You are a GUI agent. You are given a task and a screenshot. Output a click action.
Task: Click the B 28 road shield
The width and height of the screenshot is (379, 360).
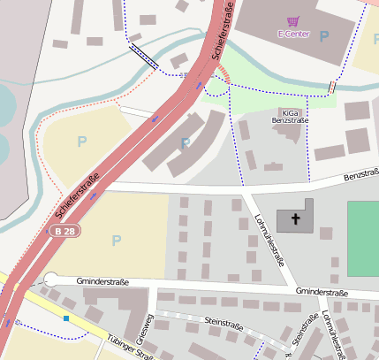[x=61, y=231]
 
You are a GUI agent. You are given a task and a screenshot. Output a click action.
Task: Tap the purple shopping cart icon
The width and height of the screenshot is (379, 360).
[x=293, y=20]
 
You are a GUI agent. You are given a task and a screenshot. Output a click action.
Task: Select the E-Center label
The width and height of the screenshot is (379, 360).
[x=292, y=34]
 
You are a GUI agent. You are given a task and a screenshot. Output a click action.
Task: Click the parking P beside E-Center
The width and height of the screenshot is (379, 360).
[x=323, y=36]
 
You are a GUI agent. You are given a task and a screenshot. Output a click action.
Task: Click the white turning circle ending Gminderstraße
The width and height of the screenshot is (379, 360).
[x=51, y=280]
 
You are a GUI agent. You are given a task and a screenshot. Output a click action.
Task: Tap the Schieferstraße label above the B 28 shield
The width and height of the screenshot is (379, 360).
[x=77, y=195]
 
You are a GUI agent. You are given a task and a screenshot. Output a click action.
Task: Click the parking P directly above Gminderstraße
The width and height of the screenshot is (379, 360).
[x=116, y=241]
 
